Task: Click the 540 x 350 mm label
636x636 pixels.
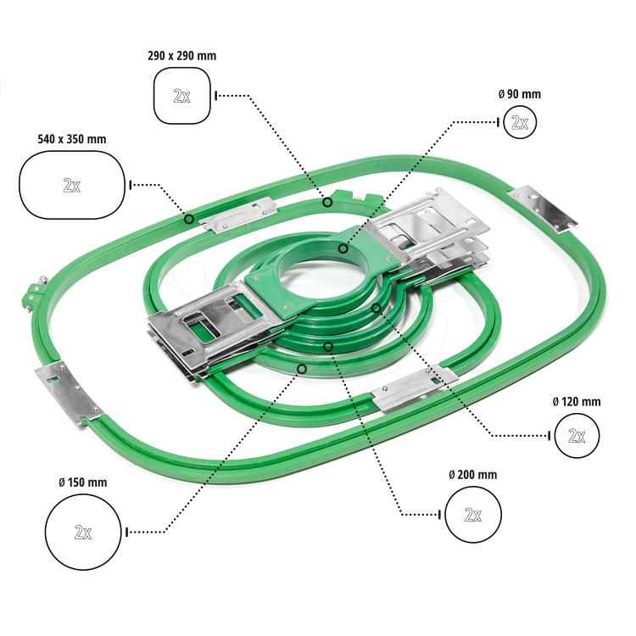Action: (x=72, y=138)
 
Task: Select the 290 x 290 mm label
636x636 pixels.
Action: (x=181, y=56)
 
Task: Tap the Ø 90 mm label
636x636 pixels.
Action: (x=519, y=94)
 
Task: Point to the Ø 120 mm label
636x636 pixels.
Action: (x=576, y=401)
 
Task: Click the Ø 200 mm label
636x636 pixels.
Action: (x=472, y=475)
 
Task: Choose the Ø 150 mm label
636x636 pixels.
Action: (x=83, y=483)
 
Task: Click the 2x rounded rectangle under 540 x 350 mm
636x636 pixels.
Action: (x=72, y=184)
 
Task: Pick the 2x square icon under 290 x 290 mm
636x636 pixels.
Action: (x=181, y=96)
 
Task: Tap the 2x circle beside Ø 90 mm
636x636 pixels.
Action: (x=519, y=123)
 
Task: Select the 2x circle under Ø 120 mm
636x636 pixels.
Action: (x=577, y=436)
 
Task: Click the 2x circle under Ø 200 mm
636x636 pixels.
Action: (x=472, y=514)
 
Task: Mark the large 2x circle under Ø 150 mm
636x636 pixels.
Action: (x=83, y=532)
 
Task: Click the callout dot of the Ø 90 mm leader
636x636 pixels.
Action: (x=343, y=248)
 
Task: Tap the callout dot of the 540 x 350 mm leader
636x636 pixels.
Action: (x=188, y=219)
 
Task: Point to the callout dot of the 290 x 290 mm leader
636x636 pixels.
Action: (x=327, y=202)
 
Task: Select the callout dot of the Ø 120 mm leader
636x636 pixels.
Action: (x=376, y=307)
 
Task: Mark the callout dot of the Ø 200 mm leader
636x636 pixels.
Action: (x=327, y=345)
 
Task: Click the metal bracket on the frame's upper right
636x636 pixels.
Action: (x=542, y=209)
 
